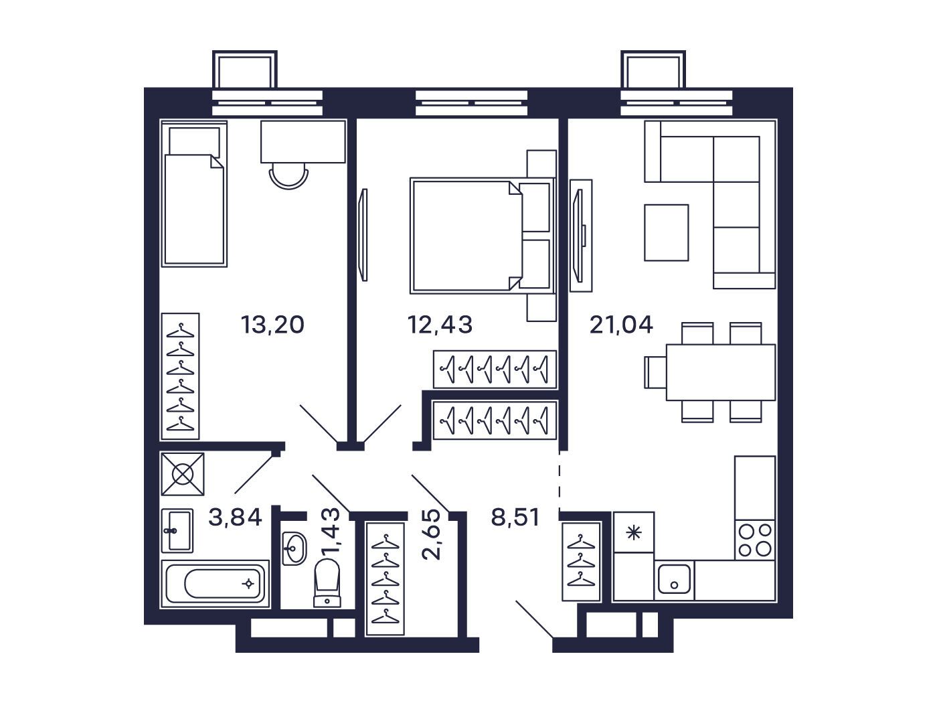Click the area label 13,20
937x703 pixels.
272,325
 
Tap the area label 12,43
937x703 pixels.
440,325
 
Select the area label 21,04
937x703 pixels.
621,325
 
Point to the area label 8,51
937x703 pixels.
515,518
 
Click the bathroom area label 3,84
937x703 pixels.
235,518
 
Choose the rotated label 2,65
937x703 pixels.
431,534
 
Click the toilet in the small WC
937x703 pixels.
327,582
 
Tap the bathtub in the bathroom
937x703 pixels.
215,584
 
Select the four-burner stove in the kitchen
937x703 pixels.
755,540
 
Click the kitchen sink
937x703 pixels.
674,579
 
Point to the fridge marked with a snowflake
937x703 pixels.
634,532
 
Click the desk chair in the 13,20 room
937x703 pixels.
288,177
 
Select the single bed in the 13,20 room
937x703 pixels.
194,193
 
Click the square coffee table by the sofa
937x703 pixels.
667,232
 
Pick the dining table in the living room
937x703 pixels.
721,372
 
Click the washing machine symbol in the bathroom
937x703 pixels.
183,474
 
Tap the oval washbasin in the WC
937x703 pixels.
294,548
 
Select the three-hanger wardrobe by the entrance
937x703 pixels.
581,561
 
